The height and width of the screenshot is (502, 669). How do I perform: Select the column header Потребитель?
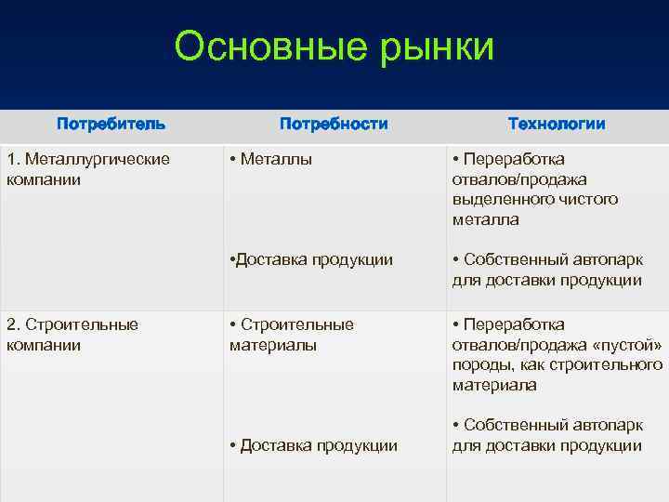click(x=111, y=124)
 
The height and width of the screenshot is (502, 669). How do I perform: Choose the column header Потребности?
click(x=334, y=124)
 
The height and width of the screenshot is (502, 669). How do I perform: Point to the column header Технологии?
click(x=557, y=124)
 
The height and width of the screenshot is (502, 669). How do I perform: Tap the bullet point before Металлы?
click(x=233, y=160)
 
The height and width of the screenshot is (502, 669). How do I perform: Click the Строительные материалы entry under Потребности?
click(x=292, y=335)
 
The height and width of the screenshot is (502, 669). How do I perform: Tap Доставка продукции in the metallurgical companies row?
click(x=310, y=260)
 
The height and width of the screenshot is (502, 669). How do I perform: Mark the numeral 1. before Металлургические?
click(x=12, y=159)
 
